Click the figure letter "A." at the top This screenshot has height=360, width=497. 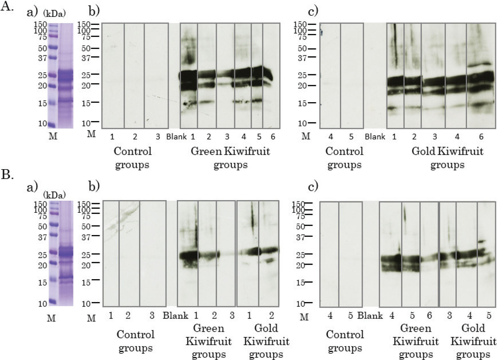point(7,6)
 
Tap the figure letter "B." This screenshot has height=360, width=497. point(7,174)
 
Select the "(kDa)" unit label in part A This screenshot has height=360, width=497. point(54,13)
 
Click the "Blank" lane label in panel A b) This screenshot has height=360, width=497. point(176,137)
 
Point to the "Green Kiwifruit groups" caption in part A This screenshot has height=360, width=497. point(230,158)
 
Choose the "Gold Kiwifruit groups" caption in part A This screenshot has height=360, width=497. point(447,158)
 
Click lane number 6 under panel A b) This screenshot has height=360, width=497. point(273,137)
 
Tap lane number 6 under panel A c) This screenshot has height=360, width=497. point(481,137)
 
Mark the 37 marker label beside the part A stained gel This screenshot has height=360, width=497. point(42,58)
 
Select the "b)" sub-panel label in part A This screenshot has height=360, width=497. point(94,11)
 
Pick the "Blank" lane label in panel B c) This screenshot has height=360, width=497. point(370,316)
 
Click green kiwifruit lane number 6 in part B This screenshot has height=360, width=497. point(429,315)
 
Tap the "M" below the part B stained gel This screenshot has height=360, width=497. point(51,318)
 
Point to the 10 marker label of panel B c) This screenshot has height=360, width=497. point(300,304)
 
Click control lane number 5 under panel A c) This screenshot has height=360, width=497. point(351,137)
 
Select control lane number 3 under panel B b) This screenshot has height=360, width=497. point(152,315)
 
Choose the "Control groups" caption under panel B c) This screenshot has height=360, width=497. point(345,341)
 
